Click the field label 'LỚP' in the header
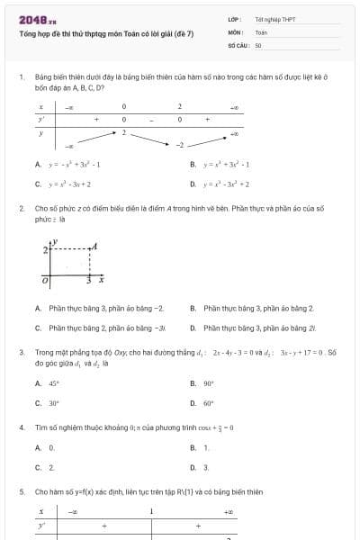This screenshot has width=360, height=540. pos(233,19)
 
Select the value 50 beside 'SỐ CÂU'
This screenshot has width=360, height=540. pos(258,44)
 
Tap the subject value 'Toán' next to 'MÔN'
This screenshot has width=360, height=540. pos(261,31)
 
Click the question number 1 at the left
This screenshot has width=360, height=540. pos(21,78)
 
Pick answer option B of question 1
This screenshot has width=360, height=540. pos(220,165)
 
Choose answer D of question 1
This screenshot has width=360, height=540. pos(220,184)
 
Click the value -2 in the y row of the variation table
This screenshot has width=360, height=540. pos(179,144)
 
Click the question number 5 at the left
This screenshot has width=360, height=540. pos(21,492)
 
